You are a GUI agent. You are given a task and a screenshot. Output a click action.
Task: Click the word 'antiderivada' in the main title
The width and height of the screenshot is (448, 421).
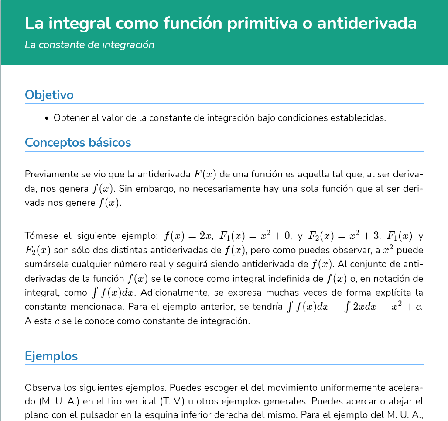[367, 24]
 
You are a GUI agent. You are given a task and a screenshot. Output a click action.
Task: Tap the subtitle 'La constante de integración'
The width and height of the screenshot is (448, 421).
[89, 45]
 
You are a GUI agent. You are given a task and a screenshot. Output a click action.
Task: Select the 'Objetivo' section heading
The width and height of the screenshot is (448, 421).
[49, 95]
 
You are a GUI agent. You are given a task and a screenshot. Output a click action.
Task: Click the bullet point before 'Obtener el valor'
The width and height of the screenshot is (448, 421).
[47, 118]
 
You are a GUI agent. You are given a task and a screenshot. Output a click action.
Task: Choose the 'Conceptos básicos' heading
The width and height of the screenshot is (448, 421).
[78, 142]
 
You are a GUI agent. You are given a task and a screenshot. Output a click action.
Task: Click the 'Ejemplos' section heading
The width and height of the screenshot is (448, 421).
[51, 356]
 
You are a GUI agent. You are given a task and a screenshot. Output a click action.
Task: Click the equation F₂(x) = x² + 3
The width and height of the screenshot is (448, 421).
[344, 236]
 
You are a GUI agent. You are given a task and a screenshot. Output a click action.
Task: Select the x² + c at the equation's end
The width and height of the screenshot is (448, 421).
[405, 307]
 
